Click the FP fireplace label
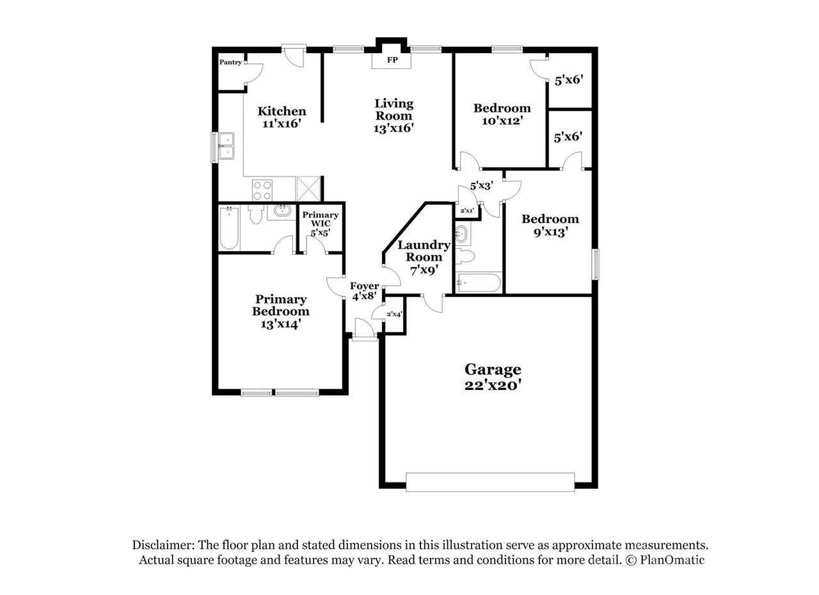pos(392,60)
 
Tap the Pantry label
pos(230,62)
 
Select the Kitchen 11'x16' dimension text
pos(282,123)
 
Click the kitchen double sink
pos(227,147)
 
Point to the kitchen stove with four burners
pos(262,190)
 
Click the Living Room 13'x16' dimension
pos(394,128)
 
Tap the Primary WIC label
pos(321,219)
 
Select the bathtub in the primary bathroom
pos(229,228)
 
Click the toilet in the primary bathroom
pos(255,214)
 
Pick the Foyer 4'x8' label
pos(364,291)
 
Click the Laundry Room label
pos(424,251)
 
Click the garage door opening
pos(490,483)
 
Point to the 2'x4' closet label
pos(395,314)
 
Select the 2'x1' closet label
pos(467,210)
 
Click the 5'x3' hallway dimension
pos(482,186)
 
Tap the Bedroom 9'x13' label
pos(550,226)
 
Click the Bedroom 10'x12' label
pos(502,114)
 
